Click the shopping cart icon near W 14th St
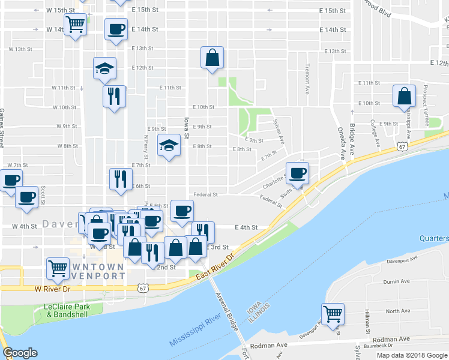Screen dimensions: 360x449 (76, 25)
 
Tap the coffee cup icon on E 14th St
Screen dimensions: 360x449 (116, 29)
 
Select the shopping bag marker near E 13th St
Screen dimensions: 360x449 (212, 58)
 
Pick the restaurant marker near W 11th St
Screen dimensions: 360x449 (114, 95)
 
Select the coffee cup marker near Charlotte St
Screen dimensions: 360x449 (297, 173)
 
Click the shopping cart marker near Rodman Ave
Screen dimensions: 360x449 (332, 313)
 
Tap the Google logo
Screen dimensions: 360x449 (20, 353)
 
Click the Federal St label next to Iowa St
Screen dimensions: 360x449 (205, 194)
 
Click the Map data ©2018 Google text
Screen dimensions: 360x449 (411, 355)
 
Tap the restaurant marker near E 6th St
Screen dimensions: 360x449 (120, 179)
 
